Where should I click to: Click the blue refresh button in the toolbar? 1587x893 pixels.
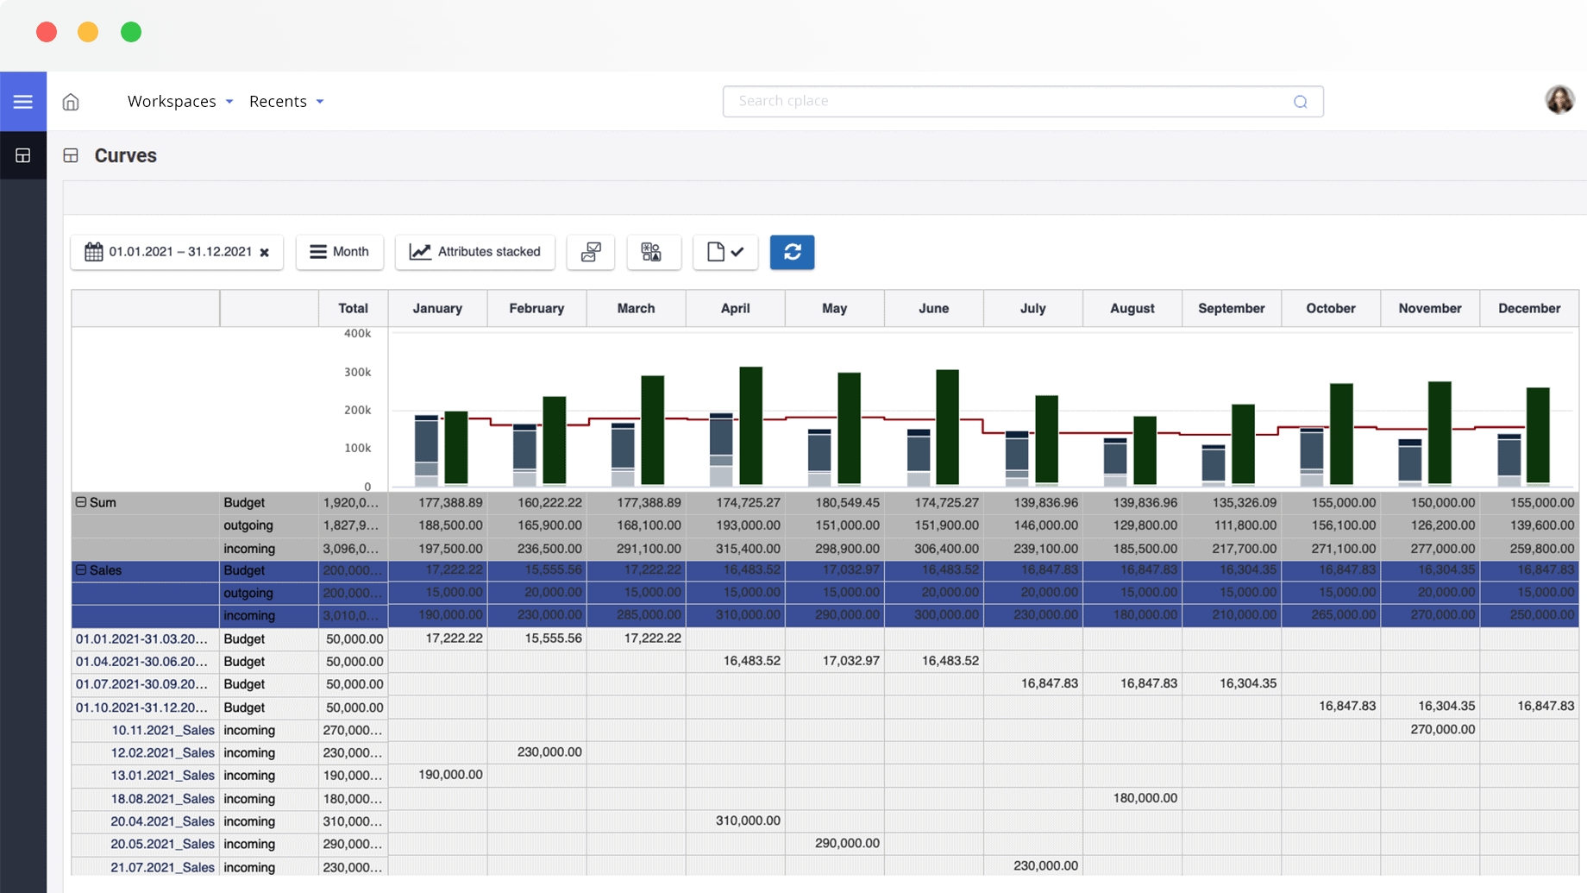pyautogui.click(x=792, y=252)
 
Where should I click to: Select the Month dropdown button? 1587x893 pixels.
pyautogui.click(x=340, y=252)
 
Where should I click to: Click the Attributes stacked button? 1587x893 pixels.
pyautogui.click(x=475, y=252)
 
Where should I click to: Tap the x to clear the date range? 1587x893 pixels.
pyautogui.click(x=265, y=253)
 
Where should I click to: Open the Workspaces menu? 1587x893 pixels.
pyautogui.click(x=180, y=101)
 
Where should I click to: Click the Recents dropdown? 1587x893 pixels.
pyautogui.click(x=286, y=101)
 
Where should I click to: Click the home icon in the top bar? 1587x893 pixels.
pyautogui.click(x=71, y=102)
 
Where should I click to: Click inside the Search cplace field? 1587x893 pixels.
pyautogui.click(x=1009, y=101)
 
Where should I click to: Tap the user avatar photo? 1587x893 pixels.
pyautogui.click(x=1559, y=100)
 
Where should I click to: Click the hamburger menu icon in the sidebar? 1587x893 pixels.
pyautogui.click(x=23, y=102)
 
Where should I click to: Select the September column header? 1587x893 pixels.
pyautogui.click(x=1231, y=308)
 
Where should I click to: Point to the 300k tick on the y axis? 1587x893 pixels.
pyautogui.click(x=357, y=372)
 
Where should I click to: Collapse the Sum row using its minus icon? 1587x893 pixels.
pyautogui.click(x=81, y=502)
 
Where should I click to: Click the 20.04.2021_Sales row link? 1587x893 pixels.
pyautogui.click(x=162, y=821)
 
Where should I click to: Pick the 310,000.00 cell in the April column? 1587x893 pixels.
pyautogui.click(x=747, y=821)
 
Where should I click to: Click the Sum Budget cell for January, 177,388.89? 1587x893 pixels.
pyautogui.click(x=449, y=502)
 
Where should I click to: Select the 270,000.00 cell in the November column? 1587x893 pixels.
pyautogui.click(x=1442, y=729)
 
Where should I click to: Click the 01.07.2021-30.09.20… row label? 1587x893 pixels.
pyautogui.click(x=141, y=684)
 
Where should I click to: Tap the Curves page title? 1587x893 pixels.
pyautogui.click(x=125, y=155)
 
